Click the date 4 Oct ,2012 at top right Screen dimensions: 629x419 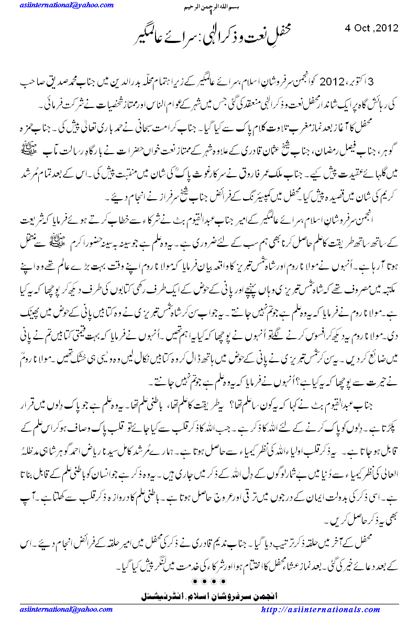coord(372,28)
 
